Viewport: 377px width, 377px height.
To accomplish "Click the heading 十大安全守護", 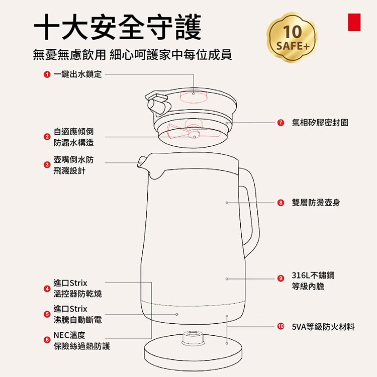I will pyautogui.click(x=117, y=26).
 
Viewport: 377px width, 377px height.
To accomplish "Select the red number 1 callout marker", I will pyautogui.click(x=46, y=74).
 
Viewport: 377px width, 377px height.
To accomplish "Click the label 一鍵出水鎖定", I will pyautogui.click(x=77, y=74).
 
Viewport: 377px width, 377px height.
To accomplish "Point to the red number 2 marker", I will pyautogui.click(x=46, y=137).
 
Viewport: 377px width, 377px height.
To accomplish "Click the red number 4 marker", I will pyautogui.click(x=46, y=289).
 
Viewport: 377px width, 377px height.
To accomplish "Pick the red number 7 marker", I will pyautogui.click(x=280, y=123).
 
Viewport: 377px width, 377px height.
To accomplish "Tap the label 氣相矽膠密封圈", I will pyautogui.click(x=320, y=123).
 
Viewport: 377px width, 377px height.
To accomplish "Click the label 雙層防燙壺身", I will pyautogui.click(x=316, y=203).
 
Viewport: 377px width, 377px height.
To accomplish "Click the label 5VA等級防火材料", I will pyautogui.click(x=323, y=327).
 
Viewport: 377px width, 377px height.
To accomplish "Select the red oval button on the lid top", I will pyautogui.click(x=194, y=93).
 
